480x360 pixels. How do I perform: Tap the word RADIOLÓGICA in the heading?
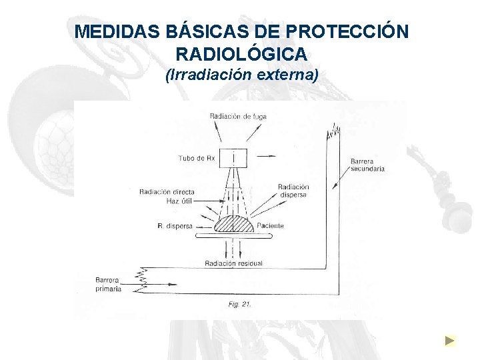click(242, 53)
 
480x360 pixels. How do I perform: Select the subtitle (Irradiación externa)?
click(242, 75)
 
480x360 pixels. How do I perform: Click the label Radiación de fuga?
click(238, 116)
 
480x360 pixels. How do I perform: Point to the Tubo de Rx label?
click(197, 158)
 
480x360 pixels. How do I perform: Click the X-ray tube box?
click(234, 157)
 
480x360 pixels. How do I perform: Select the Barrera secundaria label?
click(367, 165)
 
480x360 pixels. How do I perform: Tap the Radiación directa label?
click(167, 192)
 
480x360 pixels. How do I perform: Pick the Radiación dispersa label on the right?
click(293, 191)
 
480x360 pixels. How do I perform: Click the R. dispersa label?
click(175, 227)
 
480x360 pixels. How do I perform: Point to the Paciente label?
click(269, 226)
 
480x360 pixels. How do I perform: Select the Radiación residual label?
click(234, 263)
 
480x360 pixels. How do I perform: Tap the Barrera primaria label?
click(108, 285)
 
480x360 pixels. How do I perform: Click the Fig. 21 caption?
click(239, 304)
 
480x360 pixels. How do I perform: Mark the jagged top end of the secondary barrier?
click(333, 133)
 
